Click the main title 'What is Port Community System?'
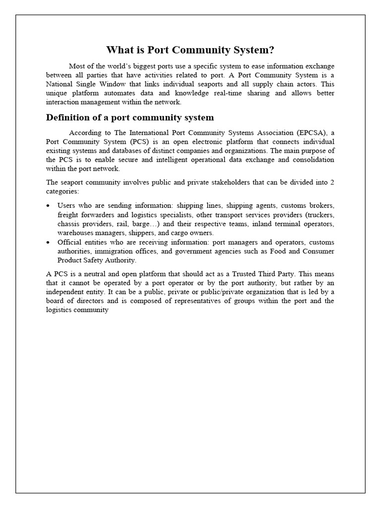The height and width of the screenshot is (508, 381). tap(190, 50)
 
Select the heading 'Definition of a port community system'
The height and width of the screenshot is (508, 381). tap(130, 118)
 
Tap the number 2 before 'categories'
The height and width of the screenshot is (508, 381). tap(332, 182)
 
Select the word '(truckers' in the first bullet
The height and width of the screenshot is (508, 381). tap(319, 214)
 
